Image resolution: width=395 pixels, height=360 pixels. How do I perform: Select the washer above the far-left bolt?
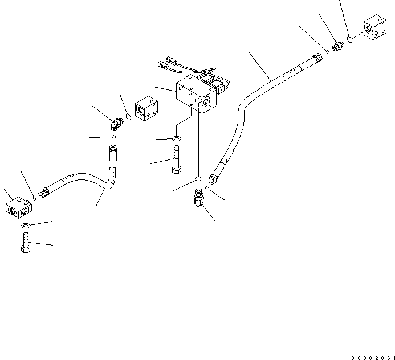[x=26, y=226]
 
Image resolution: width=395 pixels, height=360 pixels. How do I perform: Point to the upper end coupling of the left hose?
[x=112, y=150]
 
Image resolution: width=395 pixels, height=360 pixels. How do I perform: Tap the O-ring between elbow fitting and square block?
[x=129, y=118]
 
